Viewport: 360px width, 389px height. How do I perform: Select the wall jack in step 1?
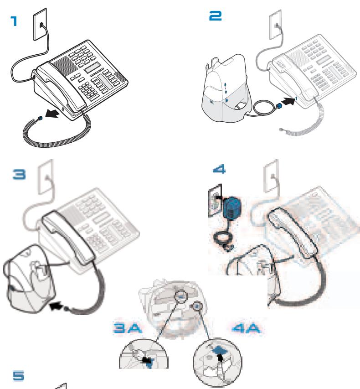(x=39, y=25)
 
